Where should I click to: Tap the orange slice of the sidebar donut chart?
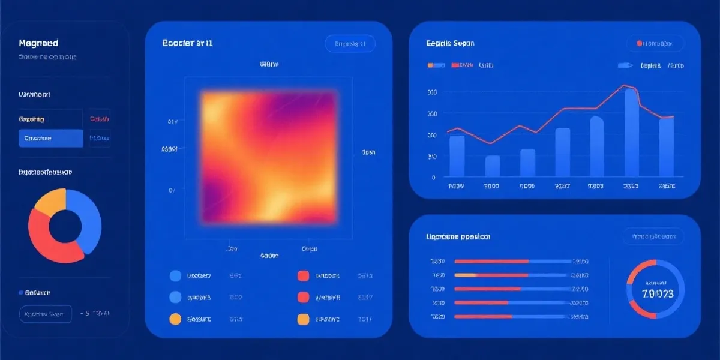click(x=50, y=202)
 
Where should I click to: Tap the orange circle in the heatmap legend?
click(x=176, y=319)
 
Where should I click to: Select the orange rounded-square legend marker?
click(x=303, y=319)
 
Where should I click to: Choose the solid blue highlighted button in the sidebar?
click(x=50, y=139)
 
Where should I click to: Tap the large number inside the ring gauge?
click(x=658, y=294)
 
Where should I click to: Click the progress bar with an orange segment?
click(x=513, y=275)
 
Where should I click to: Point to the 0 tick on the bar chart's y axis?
click(x=433, y=178)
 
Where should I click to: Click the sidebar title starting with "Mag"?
click(x=38, y=44)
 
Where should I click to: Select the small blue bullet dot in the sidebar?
click(x=20, y=293)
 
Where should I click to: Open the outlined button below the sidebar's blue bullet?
click(x=45, y=314)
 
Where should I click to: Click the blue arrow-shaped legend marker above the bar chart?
click(x=625, y=65)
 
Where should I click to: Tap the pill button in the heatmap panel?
click(x=350, y=43)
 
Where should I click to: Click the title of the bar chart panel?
click(x=450, y=43)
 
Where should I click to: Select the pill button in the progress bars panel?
click(x=653, y=236)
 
